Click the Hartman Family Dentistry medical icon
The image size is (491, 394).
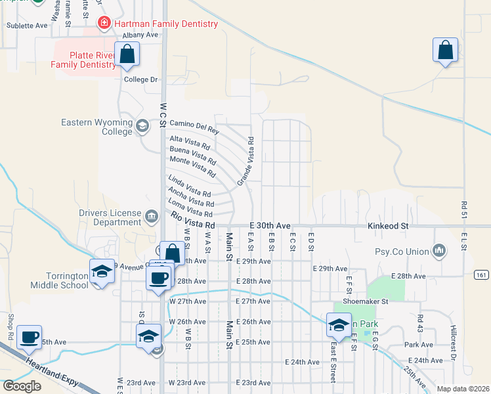pos(104,24)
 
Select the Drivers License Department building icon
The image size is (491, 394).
pos(152,215)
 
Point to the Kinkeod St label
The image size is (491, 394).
pos(387,226)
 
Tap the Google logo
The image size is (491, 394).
pos(22,386)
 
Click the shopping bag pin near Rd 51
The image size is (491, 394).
pos(445,51)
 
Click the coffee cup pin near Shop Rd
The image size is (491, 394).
pos(29,338)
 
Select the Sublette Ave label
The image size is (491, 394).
pos(28,26)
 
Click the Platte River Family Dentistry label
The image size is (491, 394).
pos(83,58)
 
